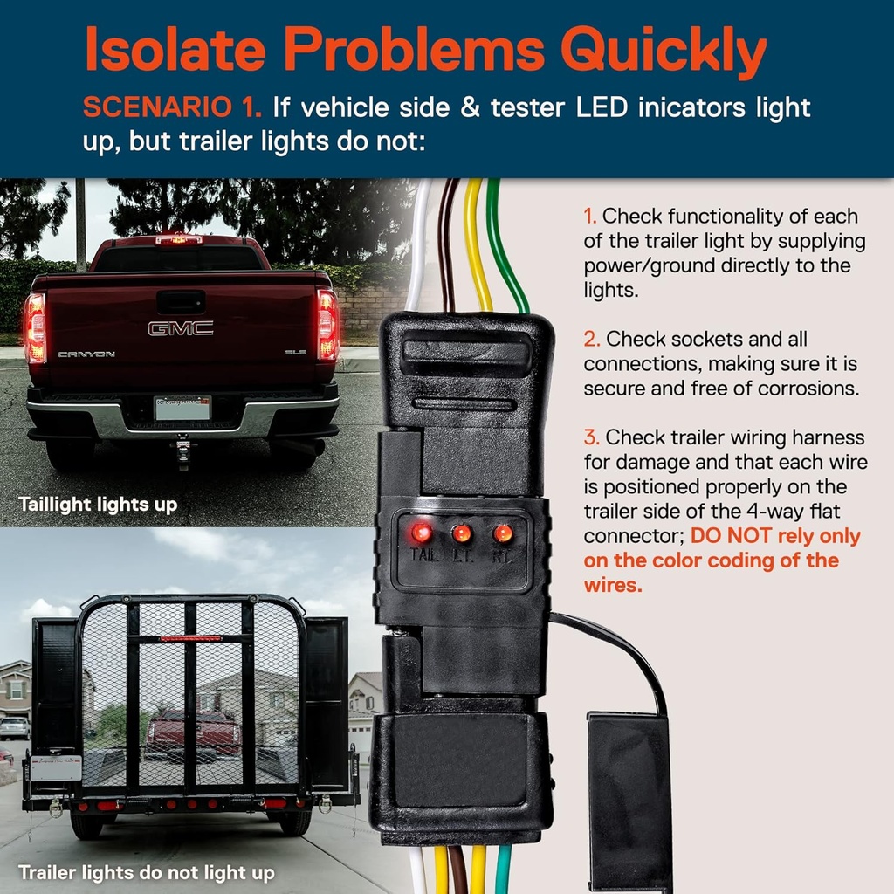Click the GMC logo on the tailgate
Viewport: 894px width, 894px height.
pyautogui.click(x=180, y=328)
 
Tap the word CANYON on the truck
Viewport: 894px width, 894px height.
pyautogui.click(x=86, y=354)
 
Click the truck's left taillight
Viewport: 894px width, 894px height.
pyautogui.click(x=35, y=327)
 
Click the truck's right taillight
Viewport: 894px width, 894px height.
pyautogui.click(x=327, y=325)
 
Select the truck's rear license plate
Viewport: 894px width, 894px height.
pyautogui.click(x=182, y=408)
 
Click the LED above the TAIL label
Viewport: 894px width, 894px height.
pyautogui.click(x=422, y=532)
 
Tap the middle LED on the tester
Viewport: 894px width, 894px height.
pyautogui.click(x=462, y=533)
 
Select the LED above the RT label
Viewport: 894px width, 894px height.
pyautogui.click(x=502, y=533)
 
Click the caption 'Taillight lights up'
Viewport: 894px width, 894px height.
pyautogui.click(x=98, y=505)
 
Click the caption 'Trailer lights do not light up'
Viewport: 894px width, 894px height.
pyautogui.click(x=147, y=872)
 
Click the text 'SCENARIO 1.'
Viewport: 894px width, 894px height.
pyautogui.click(x=172, y=108)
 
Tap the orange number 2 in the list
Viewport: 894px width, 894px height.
pyautogui.click(x=590, y=339)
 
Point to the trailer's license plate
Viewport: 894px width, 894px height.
pyautogui.click(x=55, y=767)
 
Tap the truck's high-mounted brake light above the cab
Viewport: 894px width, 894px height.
pyautogui.click(x=178, y=239)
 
